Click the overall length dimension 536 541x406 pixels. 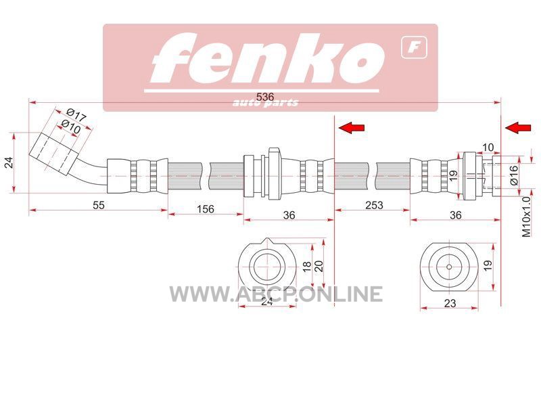[265, 97]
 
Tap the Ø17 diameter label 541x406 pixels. [76, 115]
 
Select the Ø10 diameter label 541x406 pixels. [71, 127]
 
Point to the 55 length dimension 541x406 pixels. [98, 205]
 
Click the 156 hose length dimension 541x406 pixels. [206, 209]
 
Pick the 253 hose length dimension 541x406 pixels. [374, 205]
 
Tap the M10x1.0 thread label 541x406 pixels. [526, 217]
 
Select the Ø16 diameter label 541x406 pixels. [514, 175]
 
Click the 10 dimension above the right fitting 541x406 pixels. [488, 148]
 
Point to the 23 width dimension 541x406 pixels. [450, 303]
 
